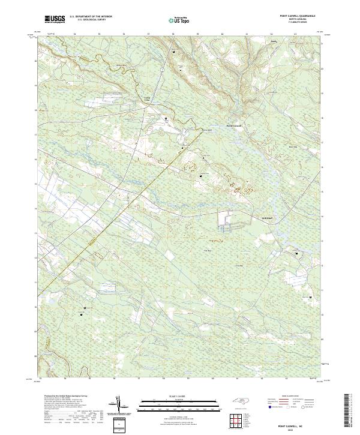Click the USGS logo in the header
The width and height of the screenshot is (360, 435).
[x=55, y=20]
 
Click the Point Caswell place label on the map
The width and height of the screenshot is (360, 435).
[x=233, y=126]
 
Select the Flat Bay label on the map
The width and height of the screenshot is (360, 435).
[x=208, y=250]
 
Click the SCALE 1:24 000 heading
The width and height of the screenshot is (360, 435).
[x=179, y=397]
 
